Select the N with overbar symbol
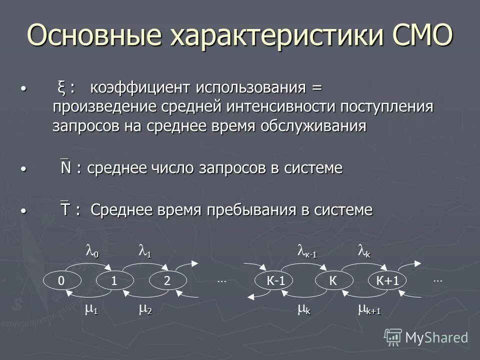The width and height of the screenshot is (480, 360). [x=65, y=168]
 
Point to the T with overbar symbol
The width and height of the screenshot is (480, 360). [x=65, y=210]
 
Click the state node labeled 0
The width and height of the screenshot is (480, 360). [x=60, y=281]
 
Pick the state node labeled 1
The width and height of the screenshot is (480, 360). [x=114, y=281]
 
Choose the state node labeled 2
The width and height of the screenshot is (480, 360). [x=167, y=281]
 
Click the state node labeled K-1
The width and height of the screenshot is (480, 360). [x=275, y=281]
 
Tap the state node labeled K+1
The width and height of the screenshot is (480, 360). [x=387, y=281]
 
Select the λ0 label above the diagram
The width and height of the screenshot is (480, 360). [x=92, y=251]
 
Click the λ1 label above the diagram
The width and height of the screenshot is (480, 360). [x=144, y=251]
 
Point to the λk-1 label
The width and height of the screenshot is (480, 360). [x=306, y=251]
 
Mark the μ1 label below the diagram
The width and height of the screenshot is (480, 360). [x=91, y=310]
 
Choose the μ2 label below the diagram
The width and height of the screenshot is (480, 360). [x=145, y=310]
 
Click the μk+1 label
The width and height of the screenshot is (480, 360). [x=369, y=310]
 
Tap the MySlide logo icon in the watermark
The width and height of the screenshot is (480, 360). [x=392, y=336]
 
